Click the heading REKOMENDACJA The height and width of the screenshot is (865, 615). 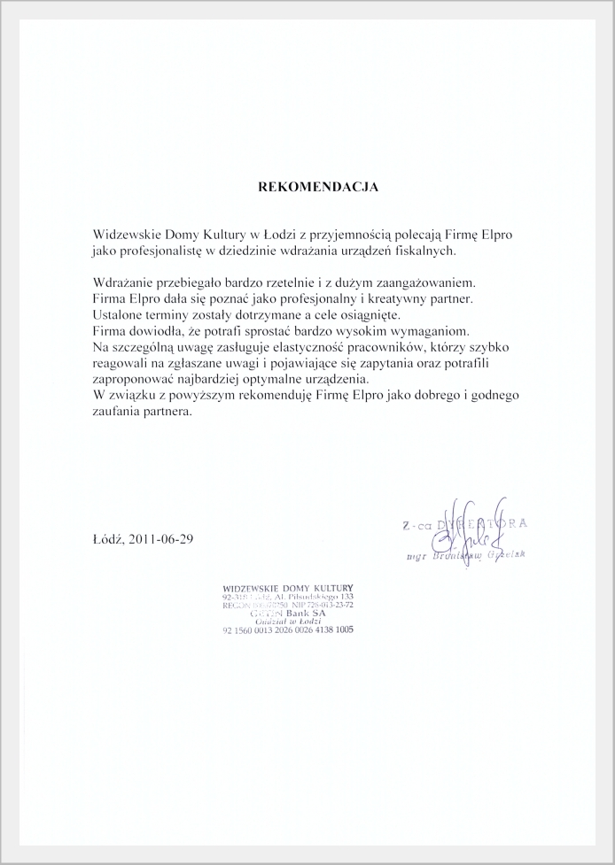pos(317,188)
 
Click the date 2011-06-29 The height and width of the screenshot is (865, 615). pos(160,538)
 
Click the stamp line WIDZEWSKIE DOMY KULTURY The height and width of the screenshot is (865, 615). pos(289,588)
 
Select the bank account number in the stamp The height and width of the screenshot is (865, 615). pos(288,630)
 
